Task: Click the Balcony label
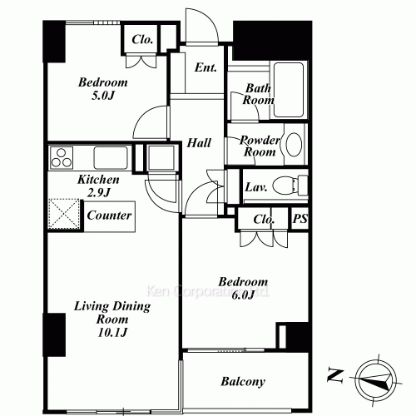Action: click(243, 382)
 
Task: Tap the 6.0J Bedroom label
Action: click(244, 289)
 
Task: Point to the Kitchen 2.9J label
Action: click(98, 186)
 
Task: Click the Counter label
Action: click(108, 215)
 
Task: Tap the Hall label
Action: click(197, 143)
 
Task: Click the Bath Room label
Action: click(259, 94)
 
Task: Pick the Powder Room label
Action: click(258, 146)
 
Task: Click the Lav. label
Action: click(255, 187)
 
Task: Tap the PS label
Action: click(300, 220)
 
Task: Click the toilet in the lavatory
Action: click(290, 185)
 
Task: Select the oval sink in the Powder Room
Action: click(294, 146)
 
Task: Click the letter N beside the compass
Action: click(335, 375)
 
